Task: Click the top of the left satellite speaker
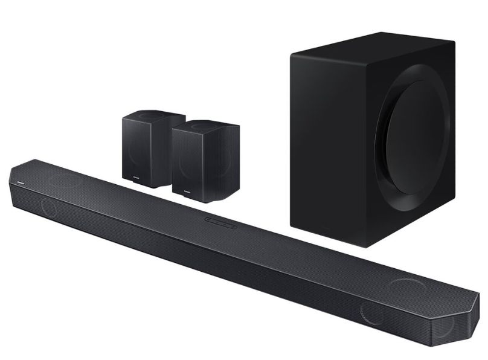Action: pyautogui.click(x=146, y=114)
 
